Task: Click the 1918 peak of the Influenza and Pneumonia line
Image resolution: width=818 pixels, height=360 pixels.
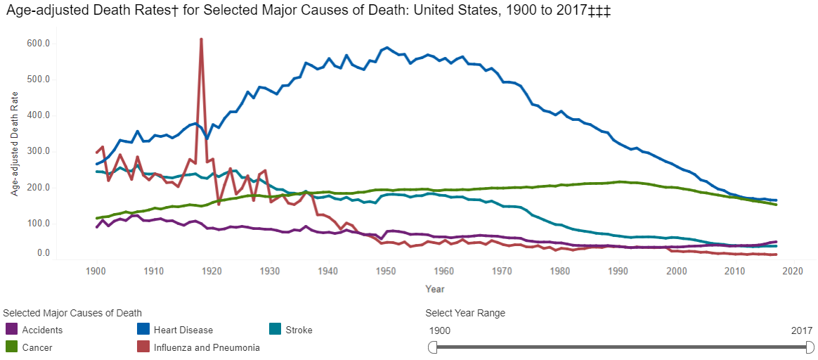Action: point(201,40)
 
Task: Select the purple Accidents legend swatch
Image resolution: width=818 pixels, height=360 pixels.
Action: point(11,329)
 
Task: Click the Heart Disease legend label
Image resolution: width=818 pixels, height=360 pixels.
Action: point(184,330)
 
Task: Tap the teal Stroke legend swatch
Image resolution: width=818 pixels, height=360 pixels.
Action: point(276,329)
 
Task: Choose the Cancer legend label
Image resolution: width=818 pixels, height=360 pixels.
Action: point(37,347)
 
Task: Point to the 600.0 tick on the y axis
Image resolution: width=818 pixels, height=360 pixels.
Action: point(39,43)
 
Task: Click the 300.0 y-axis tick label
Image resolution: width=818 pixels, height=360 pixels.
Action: point(39,151)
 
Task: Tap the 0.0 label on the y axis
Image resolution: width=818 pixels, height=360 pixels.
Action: point(43,253)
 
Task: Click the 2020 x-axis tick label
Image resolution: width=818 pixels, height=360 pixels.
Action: point(793,271)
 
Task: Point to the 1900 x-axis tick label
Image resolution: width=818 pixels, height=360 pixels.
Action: point(95,271)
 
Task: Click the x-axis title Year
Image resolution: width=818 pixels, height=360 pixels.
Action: point(434,288)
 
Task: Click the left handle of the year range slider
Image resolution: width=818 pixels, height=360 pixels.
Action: point(432,347)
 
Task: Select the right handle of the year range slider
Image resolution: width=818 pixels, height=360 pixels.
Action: point(810,347)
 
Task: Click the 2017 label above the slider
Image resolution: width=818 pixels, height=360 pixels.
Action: point(801,330)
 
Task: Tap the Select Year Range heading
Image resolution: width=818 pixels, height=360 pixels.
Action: point(465,313)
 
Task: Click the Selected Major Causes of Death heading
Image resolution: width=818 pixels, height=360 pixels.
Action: point(72,313)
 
